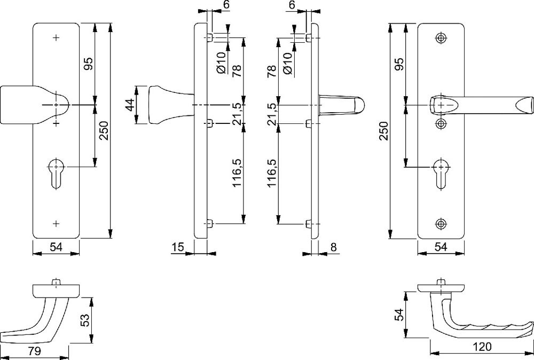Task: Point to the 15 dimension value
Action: pyautogui.click(x=178, y=247)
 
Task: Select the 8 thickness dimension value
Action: pyautogui.click(x=334, y=247)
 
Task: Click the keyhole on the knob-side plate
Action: pyautogui.click(x=56, y=170)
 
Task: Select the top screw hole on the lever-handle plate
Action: pyautogui.click(x=441, y=38)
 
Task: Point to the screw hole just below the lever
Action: pyautogui.click(x=441, y=124)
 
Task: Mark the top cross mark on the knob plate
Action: pyautogui.click(x=57, y=38)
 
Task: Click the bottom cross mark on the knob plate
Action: pyautogui.click(x=57, y=222)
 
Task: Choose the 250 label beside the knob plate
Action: pyautogui.click(x=104, y=130)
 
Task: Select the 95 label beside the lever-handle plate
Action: pyautogui.click(x=398, y=64)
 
